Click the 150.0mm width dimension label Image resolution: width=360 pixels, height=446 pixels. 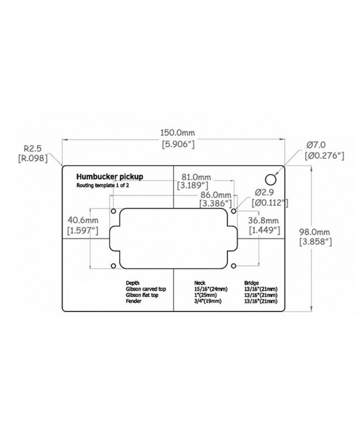click(x=178, y=138)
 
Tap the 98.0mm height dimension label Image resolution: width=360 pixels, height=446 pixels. click(x=316, y=237)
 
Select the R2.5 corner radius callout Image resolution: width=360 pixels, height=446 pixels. click(x=33, y=153)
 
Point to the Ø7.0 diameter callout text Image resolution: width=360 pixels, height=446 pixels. click(x=324, y=151)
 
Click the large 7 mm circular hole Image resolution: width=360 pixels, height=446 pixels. click(x=271, y=179)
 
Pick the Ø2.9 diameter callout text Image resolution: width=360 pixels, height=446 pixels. click(x=270, y=198)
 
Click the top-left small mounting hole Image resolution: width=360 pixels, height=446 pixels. click(x=113, y=211)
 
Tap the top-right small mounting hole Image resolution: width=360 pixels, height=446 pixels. click(x=234, y=211)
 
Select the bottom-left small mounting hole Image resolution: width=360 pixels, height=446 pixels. click(x=113, y=266)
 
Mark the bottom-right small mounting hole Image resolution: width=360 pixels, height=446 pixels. click(x=234, y=266)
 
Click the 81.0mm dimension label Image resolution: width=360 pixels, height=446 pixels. click(x=193, y=181)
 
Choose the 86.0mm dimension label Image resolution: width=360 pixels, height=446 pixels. click(x=215, y=200)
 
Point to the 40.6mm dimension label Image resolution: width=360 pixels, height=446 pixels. click(x=83, y=225)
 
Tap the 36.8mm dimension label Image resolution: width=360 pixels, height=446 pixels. click(x=263, y=225)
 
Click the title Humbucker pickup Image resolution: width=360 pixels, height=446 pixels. click(x=109, y=176)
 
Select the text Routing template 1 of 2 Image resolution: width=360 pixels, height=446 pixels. click(x=103, y=186)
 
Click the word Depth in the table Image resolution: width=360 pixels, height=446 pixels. click(x=133, y=283)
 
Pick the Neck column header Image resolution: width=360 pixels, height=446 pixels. click(x=199, y=283)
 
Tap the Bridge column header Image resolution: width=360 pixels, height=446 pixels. click(x=251, y=283)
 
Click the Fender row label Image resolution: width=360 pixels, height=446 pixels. click(x=133, y=301)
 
